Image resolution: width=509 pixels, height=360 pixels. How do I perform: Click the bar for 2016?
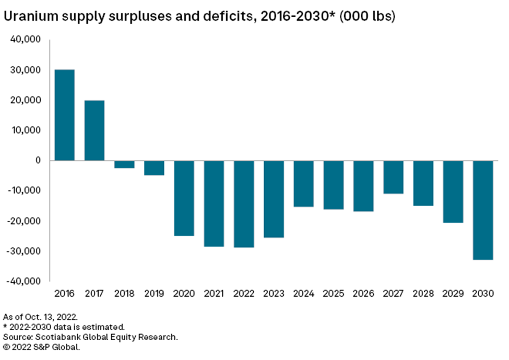64,115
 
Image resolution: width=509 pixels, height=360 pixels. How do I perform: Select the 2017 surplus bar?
94,130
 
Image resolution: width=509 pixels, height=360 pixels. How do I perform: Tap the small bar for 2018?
124,164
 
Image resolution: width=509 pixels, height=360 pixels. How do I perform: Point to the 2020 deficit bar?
184,198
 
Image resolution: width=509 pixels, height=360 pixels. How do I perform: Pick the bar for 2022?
244,203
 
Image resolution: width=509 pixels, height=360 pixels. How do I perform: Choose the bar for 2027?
393,177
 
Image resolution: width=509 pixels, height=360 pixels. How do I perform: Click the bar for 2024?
303,183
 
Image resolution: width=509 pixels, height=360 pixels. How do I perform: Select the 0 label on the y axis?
39,161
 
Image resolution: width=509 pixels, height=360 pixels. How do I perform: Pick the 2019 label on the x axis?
154,293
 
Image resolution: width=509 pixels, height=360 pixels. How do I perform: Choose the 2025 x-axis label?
333,293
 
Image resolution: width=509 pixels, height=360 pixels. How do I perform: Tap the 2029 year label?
453,293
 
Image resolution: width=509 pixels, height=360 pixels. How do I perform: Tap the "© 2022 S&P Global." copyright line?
41,347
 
